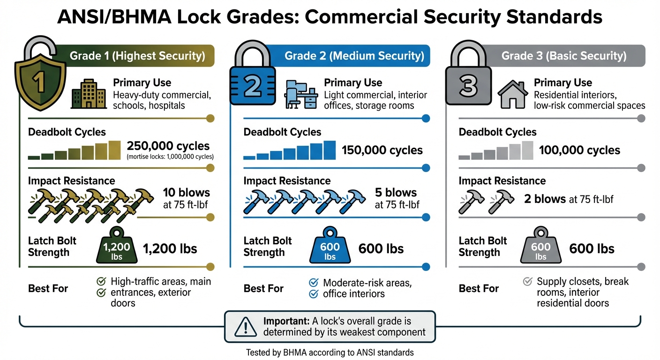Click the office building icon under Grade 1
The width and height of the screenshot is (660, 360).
click(x=85, y=97)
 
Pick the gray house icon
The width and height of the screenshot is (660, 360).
click(x=512, y=95)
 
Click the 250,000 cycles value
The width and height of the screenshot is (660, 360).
click(x=168, y=146)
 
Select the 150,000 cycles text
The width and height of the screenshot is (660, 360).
click(x=382, y=150)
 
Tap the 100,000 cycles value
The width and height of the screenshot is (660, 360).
click(x=579, y=150)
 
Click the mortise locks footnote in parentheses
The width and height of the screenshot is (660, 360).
click(x=170, y=157)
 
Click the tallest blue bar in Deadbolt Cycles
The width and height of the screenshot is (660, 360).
click(x=330, y=150)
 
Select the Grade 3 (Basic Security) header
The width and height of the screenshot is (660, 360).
click(x=563, y=56)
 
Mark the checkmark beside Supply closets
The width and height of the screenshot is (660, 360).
click(x=527, y=282)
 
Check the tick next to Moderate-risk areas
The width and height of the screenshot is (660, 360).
click(x=314, y=283)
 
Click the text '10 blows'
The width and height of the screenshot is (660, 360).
click(x=186, y=193)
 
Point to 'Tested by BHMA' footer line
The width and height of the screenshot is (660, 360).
click(x=330, y=352)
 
